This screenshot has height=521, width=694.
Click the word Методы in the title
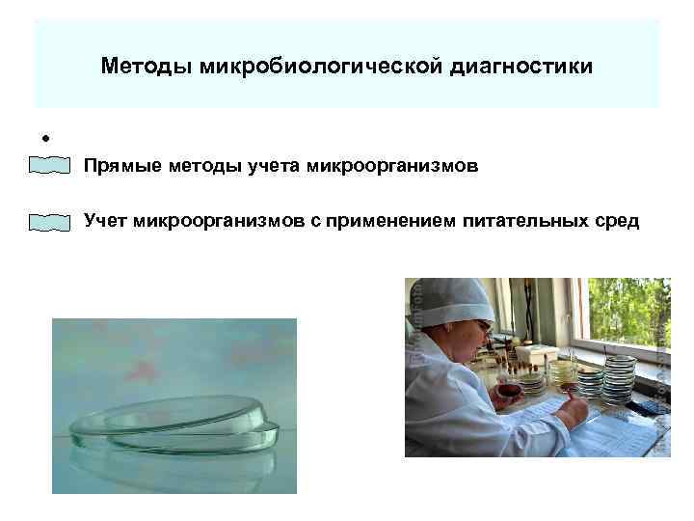[x=147, y=68]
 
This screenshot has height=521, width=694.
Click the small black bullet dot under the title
[x=45, y=135]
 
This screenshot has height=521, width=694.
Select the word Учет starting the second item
[x=106, y=222]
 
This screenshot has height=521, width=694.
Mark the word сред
[x=617, y=222]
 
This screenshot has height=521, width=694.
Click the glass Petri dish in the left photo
[x=173, y=425]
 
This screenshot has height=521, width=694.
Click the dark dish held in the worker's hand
[x=509, y=392]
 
